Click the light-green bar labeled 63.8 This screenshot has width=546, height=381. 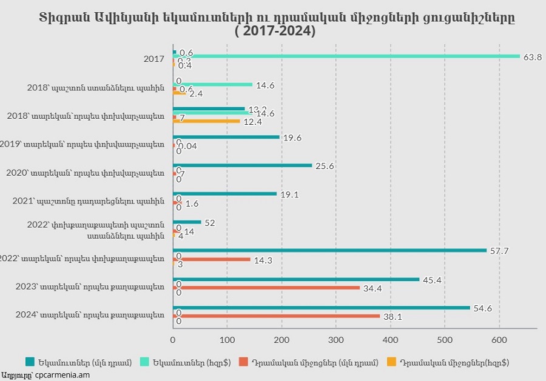(346, 56)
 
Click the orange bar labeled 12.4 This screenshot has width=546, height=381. (206, 121)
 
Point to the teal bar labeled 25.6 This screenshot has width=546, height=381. (243, 165)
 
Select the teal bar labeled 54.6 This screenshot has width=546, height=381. (322, 308)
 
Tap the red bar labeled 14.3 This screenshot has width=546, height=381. (212, 259)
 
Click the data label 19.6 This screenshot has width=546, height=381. (292, 137)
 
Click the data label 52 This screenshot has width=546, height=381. (210, 223)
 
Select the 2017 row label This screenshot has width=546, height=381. (154, 59)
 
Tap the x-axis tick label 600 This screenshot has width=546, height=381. (499, 340)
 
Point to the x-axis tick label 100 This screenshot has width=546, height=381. (227, 340)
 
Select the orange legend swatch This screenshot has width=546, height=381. (392, 362)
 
